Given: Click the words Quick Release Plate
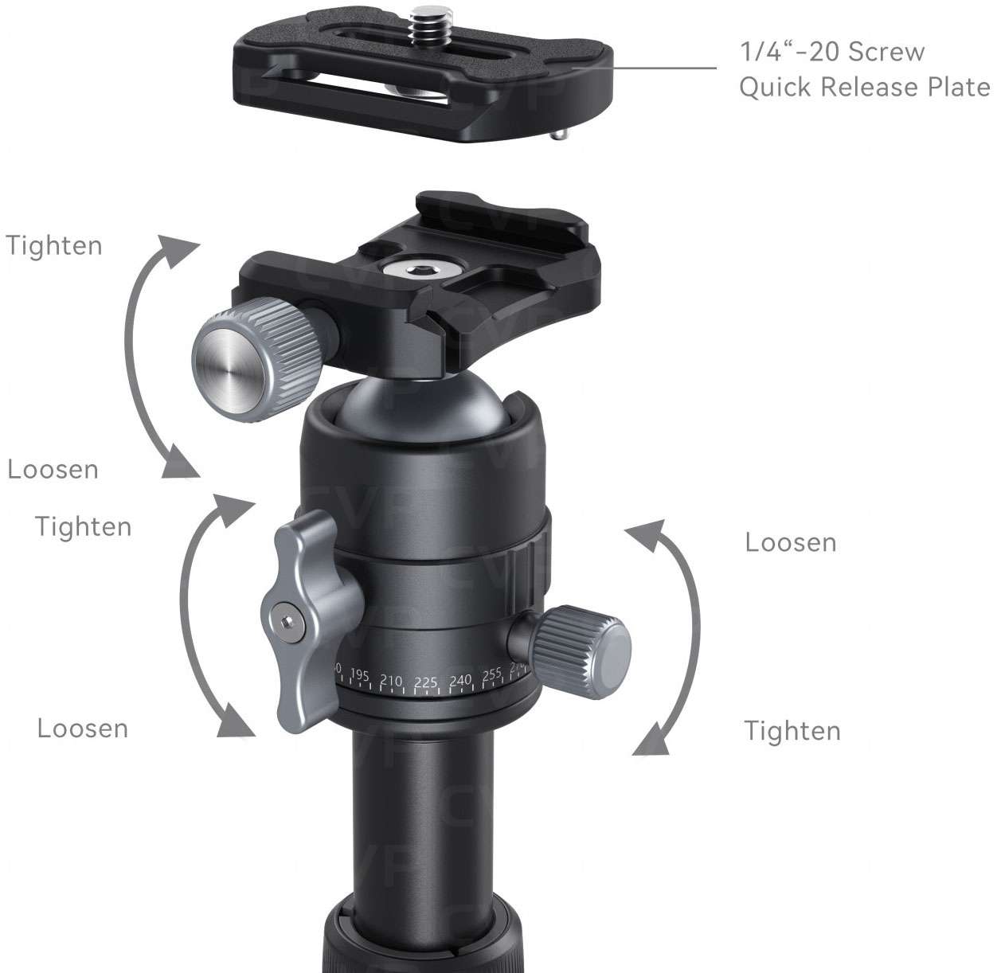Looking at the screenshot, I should [864, 86].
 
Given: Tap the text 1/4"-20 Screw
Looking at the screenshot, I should [832, 53].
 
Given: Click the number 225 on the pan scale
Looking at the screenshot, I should [426, 682].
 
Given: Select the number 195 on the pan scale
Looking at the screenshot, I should [360, 677].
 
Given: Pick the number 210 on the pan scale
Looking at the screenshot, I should [391, 681].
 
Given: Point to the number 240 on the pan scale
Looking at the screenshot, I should [460, 681].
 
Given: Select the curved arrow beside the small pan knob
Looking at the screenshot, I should [674, 637].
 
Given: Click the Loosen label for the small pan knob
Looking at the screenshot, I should [790, 543].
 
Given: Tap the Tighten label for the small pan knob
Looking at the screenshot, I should [792, 731].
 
